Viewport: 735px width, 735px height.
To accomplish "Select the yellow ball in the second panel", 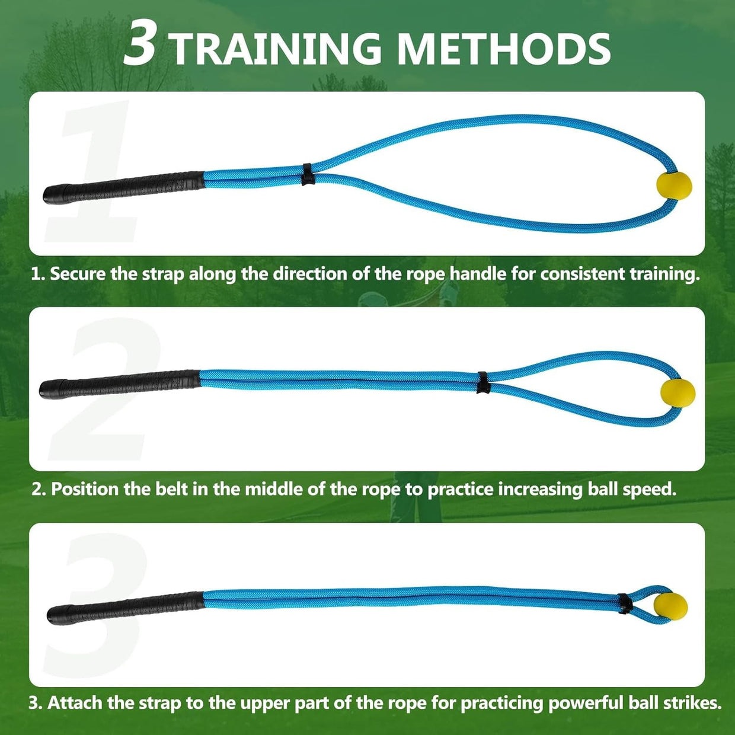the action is point(678,394).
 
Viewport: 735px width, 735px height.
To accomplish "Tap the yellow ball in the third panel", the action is point(670,607).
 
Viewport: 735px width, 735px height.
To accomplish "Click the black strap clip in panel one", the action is point(308,175).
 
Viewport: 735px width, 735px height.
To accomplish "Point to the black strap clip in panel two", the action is point(484,382).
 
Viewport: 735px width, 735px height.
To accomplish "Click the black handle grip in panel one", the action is point(124,188).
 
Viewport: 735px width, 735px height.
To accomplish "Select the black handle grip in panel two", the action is point(120,385).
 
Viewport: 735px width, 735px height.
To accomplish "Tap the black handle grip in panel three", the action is point(126,608).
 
